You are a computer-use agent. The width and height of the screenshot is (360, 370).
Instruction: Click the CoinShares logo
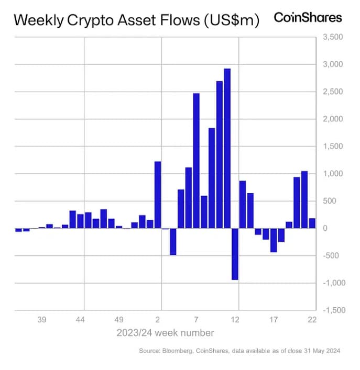(308, 18)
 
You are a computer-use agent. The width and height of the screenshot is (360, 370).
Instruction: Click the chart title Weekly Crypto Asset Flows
(136, 20)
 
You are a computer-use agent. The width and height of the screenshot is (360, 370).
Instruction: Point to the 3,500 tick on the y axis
(333, 37)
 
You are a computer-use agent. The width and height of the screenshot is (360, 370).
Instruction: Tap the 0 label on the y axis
(325, 228)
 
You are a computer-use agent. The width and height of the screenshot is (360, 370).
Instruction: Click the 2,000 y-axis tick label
(333, 119)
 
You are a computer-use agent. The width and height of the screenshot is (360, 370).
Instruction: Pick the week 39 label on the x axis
(42, 320)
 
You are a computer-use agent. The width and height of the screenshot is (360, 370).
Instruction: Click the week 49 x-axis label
(119, 320)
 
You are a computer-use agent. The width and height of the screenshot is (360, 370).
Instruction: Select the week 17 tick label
(273, 320)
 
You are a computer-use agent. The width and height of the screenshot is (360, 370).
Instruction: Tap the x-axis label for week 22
(311, 320)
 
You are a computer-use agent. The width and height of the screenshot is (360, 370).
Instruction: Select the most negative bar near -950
(235, 254)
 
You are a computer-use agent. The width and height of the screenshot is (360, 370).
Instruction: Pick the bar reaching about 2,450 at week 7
(196, 161)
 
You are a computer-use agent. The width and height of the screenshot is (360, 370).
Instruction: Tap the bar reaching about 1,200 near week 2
(158, 195)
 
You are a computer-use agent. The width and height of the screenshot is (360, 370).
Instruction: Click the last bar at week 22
(312, 223)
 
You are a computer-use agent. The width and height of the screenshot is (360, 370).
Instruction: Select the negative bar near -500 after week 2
(173, 241)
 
